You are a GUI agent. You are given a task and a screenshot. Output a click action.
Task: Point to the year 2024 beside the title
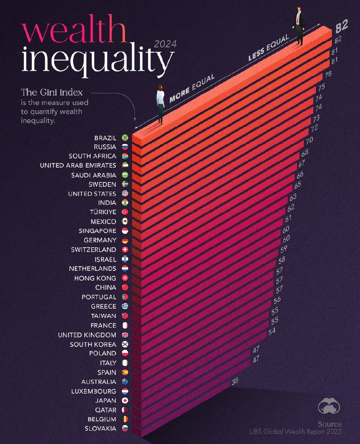(165, 44)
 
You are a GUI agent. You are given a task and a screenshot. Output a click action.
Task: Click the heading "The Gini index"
(51, 92)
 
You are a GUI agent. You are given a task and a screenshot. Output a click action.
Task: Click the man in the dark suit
(299, 26)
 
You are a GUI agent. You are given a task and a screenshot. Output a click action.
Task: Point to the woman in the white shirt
(160, 103)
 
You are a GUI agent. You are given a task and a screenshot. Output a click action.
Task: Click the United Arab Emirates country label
(78, 165)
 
